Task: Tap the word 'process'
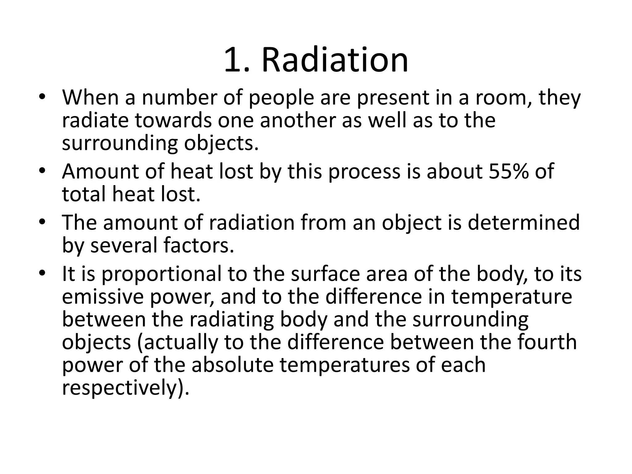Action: click(364, 172)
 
